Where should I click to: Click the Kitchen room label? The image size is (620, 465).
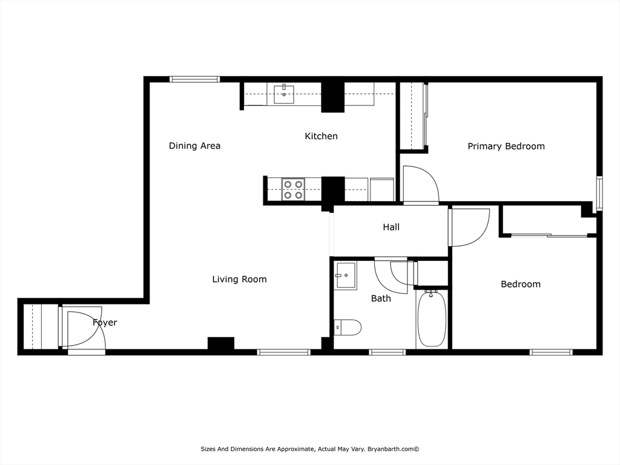[321, 136]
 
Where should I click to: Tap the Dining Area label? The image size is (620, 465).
[194, 145]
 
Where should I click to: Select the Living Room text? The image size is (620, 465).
[239, 279]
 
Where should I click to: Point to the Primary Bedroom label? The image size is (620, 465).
[506, 147]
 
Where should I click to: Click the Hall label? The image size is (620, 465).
[391, 227]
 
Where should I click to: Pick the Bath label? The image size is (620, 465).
[381, 298]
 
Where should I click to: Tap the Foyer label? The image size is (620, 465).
[105, 322]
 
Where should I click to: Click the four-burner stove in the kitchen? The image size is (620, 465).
[293, 190]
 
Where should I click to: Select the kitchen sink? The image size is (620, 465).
[284, 94]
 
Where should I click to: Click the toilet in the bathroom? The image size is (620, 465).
[348, 328]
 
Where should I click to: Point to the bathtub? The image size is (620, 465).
[432, 318]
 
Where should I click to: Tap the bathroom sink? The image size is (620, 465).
[345, 275]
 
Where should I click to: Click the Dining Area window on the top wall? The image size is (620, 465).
[194, 79]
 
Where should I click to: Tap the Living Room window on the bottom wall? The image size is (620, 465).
[283, 352]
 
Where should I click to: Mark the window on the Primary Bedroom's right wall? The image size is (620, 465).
[599, 193]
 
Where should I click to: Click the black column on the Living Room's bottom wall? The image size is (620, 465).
[221, 343]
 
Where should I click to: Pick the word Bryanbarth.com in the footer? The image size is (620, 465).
[391, 449]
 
